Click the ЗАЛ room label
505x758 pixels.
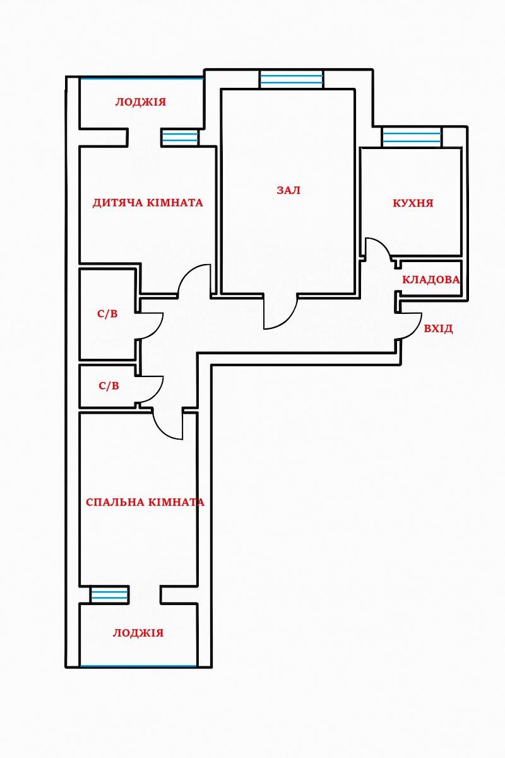288,190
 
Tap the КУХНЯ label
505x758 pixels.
413,203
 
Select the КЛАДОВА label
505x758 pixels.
431,279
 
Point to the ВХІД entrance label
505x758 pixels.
438,328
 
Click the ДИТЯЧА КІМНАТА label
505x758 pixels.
148,203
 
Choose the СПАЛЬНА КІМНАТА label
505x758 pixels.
145,502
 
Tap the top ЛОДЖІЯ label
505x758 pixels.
141,102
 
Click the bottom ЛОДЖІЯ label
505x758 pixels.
138,633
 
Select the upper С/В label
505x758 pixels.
107,314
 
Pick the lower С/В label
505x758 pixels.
109,386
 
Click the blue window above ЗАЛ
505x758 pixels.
292,79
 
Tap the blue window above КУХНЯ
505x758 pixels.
412,137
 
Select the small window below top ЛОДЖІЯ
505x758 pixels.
180,138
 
